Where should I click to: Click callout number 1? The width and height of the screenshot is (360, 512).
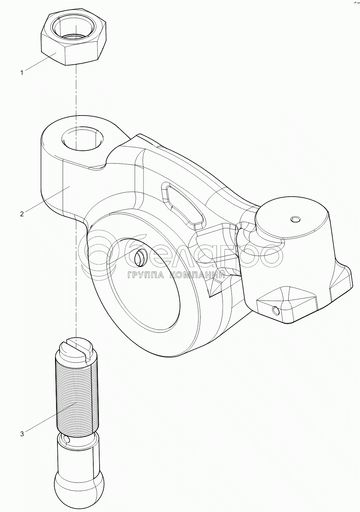22,73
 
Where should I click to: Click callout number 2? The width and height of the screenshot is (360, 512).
22,214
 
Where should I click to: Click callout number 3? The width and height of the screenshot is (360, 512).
22,434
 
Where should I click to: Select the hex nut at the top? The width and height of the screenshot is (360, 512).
73,39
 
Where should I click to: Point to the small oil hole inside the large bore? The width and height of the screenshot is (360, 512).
140,258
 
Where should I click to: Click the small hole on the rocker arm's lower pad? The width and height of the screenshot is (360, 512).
275,310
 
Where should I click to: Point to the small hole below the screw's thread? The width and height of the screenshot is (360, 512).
66,440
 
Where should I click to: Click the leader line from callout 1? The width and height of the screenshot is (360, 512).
41,62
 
